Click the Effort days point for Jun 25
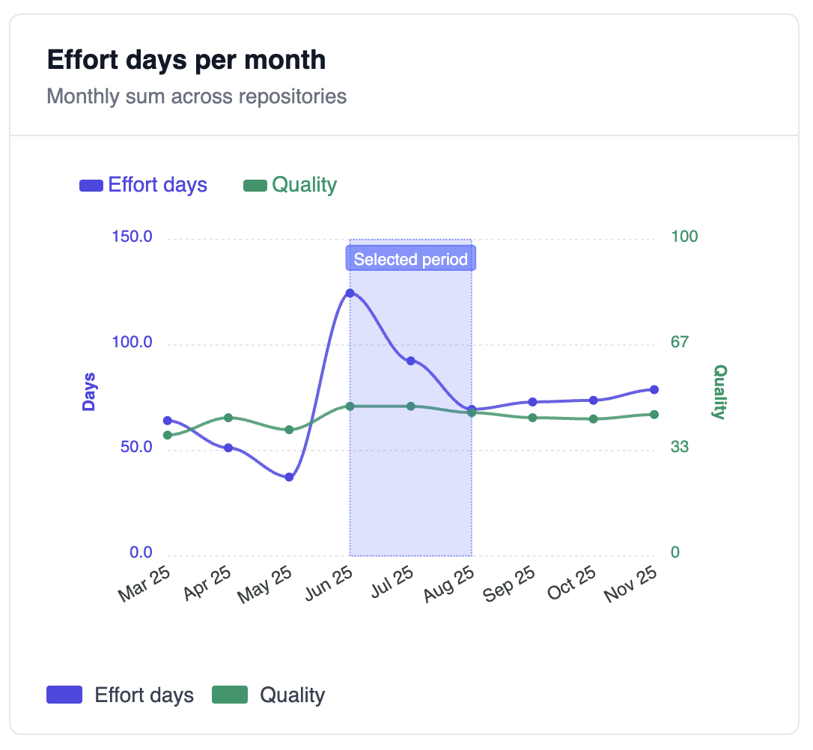[x=350, y=293]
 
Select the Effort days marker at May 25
[x=289, y=477]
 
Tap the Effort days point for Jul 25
[x=411, y=361]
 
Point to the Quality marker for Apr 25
[x=228, y=418]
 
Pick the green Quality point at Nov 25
[x=654, y=415]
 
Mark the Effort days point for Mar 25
[x=168, y=421]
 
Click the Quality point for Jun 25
[x=350, y=406]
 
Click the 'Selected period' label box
[x=410, y=260]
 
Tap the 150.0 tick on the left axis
[x=132, y=237]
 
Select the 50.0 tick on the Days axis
[x=135, y=448]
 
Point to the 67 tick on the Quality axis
[x=680, y=342]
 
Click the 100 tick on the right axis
[x=684, y=237]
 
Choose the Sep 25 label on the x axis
[x=509, y=584]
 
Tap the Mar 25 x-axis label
[x=144, y=584]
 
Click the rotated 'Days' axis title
[x=89, y=391]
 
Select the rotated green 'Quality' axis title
[x=719, y=391]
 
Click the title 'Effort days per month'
[x=186, y=60]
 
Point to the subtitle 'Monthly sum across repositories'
[x=196, y=97]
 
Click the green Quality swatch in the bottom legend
[x=230, y=695]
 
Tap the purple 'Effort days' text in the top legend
[x=157, y=185]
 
